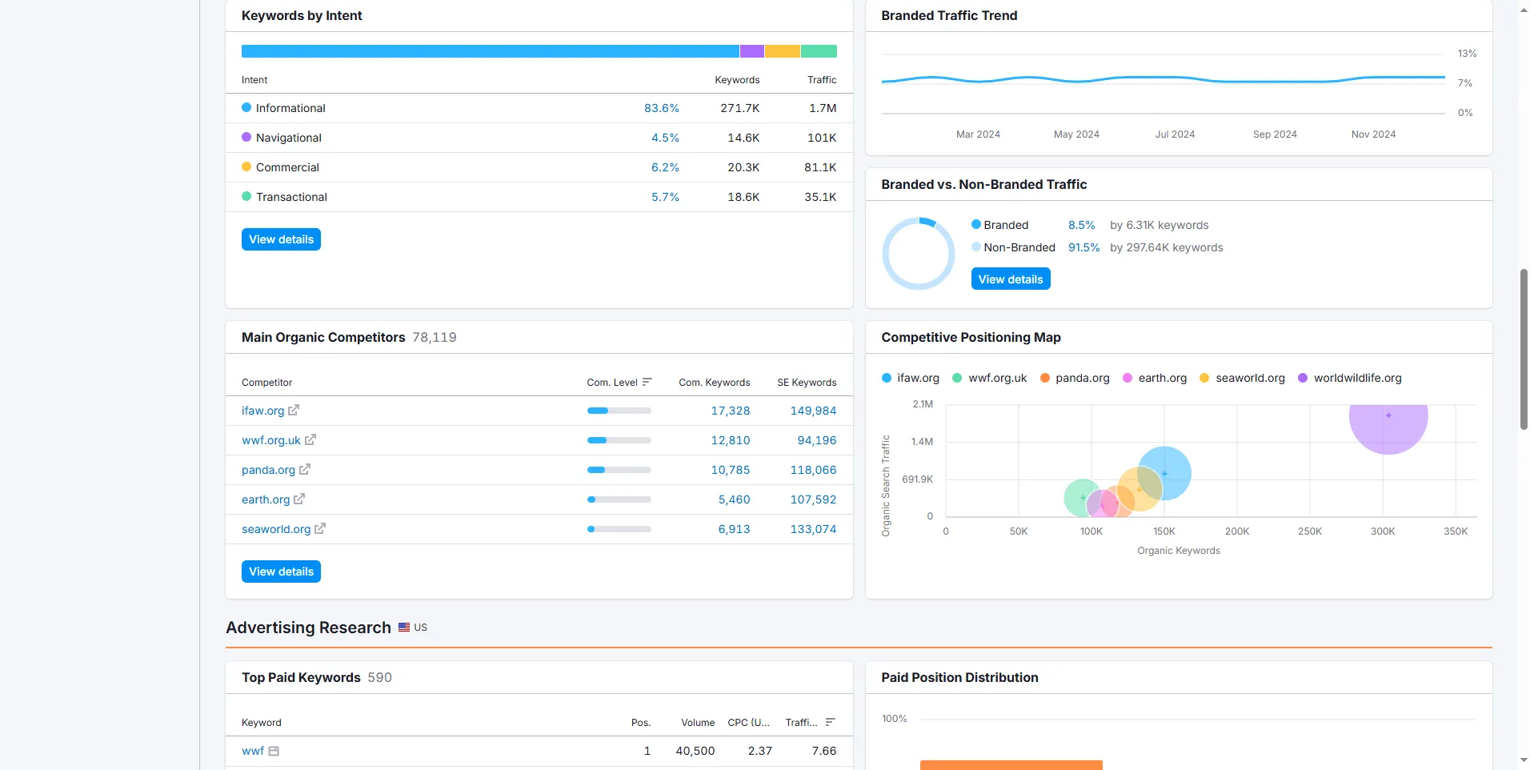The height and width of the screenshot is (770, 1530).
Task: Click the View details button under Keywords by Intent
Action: click(281, 239)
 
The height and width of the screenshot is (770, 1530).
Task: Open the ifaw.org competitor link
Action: click(262, 411)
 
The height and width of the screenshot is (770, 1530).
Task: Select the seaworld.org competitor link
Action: click(276, 529)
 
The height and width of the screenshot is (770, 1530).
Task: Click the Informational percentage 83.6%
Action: click(662, 108)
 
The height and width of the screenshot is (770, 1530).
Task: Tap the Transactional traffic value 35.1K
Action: click(820, 197)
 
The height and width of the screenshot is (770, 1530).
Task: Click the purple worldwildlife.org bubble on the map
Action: click(1388, 419)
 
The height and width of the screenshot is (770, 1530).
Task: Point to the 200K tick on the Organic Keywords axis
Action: click(1237, 531)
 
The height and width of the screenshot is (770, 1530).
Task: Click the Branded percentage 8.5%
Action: click(1081, 225)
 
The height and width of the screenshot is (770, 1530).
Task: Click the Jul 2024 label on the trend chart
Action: click(1175, 134)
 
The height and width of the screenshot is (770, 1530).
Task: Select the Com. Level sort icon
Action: click(647, 382)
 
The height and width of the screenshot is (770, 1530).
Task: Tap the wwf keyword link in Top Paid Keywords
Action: click(253, 751)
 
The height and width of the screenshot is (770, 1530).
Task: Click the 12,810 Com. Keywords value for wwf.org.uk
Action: click(731, 440)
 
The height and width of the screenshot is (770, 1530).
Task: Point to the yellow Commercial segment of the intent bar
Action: click(783, 51)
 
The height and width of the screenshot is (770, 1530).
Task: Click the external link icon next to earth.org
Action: click(299, 499)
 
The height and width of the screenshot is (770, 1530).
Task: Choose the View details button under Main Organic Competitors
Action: click(281, 571)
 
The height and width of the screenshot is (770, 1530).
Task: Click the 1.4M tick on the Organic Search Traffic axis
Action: click(922, 442)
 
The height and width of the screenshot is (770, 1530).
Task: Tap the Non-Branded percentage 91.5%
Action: click(1083, 247)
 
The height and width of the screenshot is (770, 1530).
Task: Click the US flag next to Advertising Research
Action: click(404, 628)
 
